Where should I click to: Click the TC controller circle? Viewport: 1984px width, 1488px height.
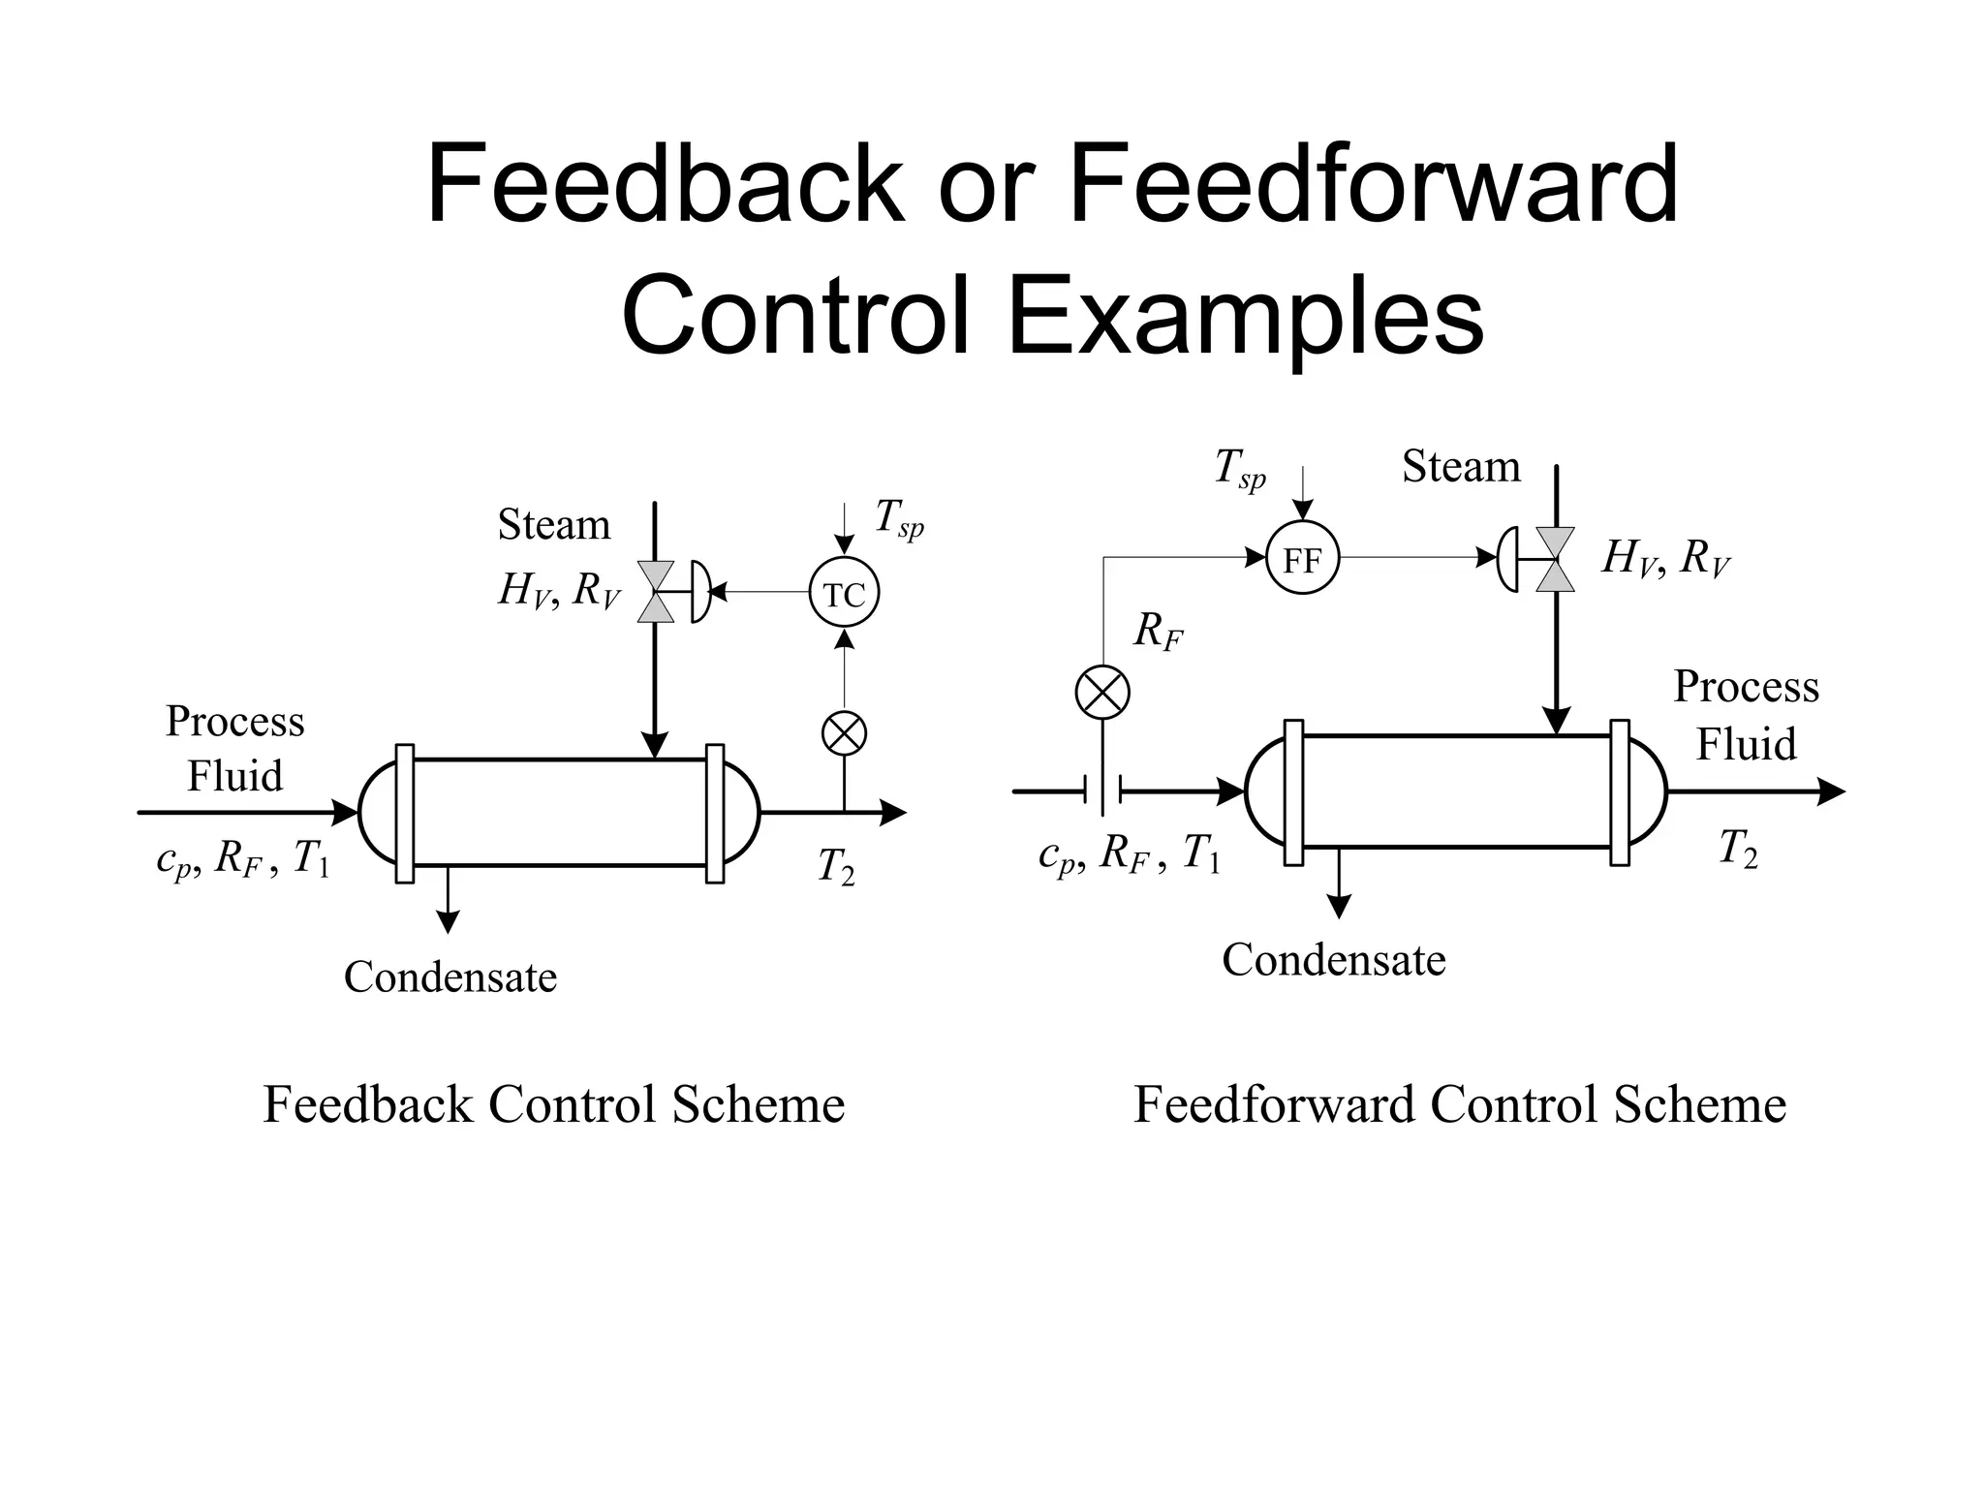click(844, 594)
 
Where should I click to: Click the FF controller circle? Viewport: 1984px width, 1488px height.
click(1302, 559)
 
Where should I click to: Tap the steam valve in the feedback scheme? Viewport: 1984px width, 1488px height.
click(656, 592)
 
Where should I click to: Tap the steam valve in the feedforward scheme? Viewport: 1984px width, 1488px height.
click(1555, 559)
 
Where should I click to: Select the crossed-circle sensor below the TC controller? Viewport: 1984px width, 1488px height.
click(844, 732)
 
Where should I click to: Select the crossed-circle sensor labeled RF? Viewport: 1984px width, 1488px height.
click(1102, 693)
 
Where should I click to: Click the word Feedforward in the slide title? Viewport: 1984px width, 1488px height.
click(1373, 184)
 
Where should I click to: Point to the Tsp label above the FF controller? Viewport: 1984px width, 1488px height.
click(1239, 469)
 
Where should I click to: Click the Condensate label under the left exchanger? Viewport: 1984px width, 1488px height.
click(450, 976)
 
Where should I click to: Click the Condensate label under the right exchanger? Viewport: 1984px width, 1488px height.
click(1333, 960)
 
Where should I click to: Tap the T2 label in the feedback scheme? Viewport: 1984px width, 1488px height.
click(835, 865)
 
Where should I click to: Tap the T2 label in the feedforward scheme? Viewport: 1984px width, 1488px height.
click(1737, 849)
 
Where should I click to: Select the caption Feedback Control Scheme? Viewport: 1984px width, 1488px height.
click(554, 1104)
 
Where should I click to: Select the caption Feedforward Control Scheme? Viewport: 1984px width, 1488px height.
click(1460, 1104)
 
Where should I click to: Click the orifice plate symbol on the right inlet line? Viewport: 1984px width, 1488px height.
click(1102, 791)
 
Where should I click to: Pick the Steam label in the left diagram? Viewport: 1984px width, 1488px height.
click(553, 525)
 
